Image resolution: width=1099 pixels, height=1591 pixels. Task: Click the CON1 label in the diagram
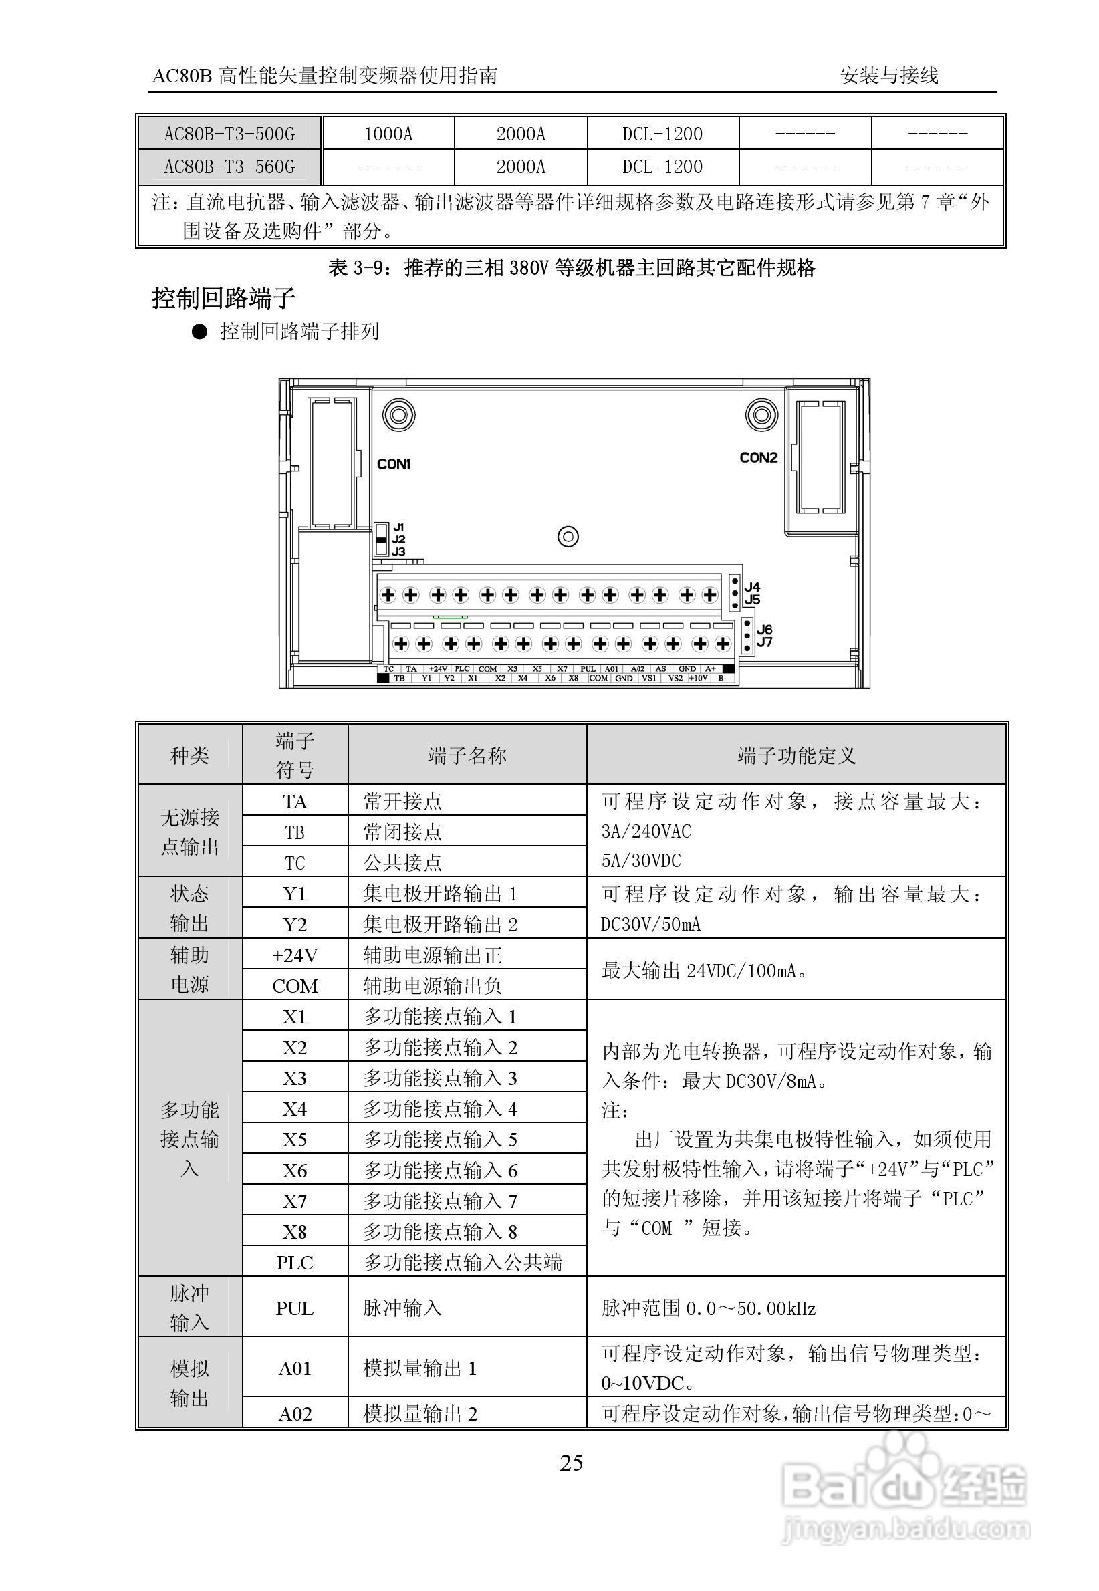point(393,464)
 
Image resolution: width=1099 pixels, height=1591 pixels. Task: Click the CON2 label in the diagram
point(758,457)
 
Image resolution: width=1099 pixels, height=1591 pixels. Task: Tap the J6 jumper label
point(764,629)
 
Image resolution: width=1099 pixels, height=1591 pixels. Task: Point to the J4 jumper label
point(752,586)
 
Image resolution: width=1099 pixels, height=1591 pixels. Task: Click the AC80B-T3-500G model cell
point(229,134)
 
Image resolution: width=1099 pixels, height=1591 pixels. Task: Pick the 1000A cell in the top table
point(388,134)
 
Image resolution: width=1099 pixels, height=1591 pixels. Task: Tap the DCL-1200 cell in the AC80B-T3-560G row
point(662,166)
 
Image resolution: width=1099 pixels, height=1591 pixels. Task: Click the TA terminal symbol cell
point(295,802)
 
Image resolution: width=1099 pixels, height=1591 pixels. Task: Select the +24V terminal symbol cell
point(295,955)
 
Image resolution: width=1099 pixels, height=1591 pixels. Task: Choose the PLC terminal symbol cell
point(295,1263)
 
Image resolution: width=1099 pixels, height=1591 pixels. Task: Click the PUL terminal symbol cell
point(295,1308)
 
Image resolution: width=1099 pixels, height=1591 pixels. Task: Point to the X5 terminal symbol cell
point(295,1139)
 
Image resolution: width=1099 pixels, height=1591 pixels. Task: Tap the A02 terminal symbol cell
point(295,1413)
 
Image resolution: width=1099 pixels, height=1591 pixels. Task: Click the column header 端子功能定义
point(797,755)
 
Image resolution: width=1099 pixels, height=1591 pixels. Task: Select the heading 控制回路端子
point(224,298)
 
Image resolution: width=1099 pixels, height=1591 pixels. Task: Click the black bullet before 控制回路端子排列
point(199,332)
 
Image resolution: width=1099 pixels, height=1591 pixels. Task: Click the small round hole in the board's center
point(568,537)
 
